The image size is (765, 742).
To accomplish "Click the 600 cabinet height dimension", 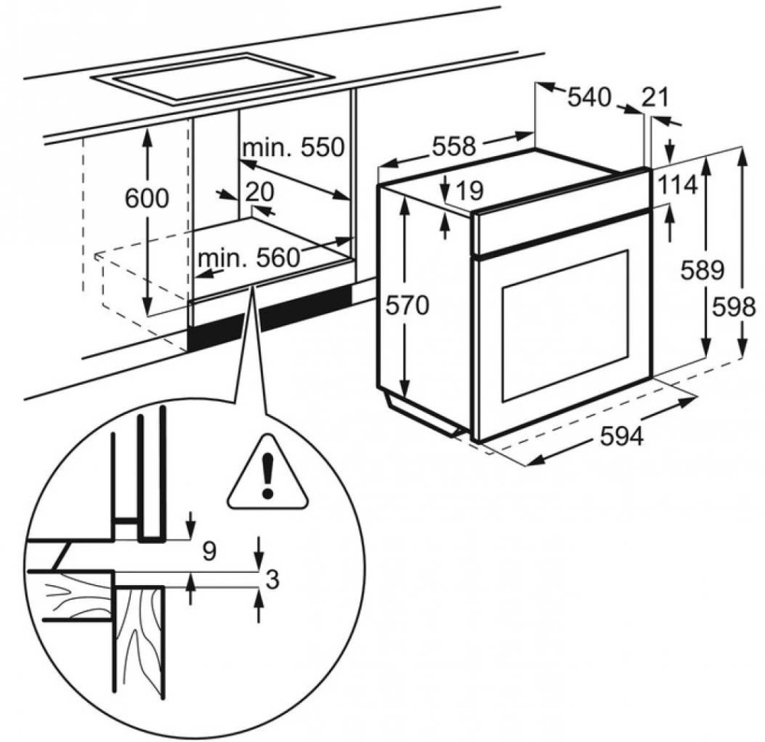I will tap(146, 199).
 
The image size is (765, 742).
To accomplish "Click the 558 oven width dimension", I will tap(454, 145).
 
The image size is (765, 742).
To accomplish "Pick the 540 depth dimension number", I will tap(590, 97).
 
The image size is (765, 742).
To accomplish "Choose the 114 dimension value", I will tap(676, 184).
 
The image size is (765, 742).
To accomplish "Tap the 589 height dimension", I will tap(702, 269).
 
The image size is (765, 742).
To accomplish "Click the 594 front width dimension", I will tap(621, 436).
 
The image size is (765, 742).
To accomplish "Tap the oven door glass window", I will tap(565, 324).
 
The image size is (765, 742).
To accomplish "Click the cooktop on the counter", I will tap(212, 79).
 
